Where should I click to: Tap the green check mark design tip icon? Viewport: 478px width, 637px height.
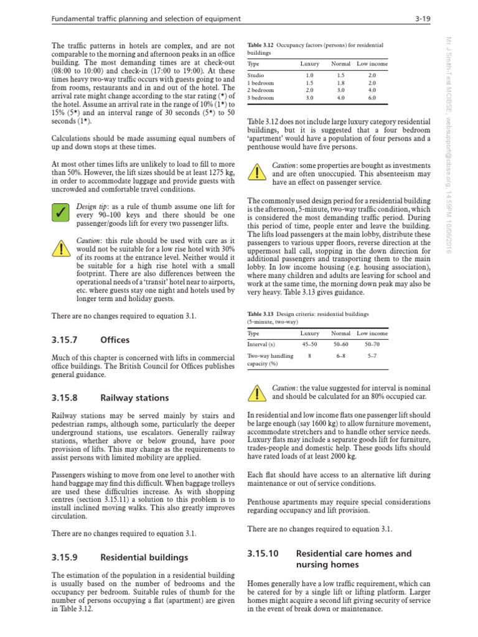[60, 213]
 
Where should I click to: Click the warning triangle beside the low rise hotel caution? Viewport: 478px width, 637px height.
[60, 248]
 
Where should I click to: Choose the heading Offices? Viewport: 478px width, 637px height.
[115, 340]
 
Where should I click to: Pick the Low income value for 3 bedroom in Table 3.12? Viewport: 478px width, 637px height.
[372, 98]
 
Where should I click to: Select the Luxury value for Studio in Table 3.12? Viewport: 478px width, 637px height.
[309, 75]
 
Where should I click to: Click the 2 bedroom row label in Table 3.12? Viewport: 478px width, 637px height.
[261, 90]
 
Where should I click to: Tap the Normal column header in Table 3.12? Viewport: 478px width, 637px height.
[340, 63]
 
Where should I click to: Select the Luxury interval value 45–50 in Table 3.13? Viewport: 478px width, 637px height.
[309, 344]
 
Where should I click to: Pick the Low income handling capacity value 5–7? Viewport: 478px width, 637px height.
[372, 356]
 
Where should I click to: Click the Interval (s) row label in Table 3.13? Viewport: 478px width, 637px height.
[262, 344]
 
